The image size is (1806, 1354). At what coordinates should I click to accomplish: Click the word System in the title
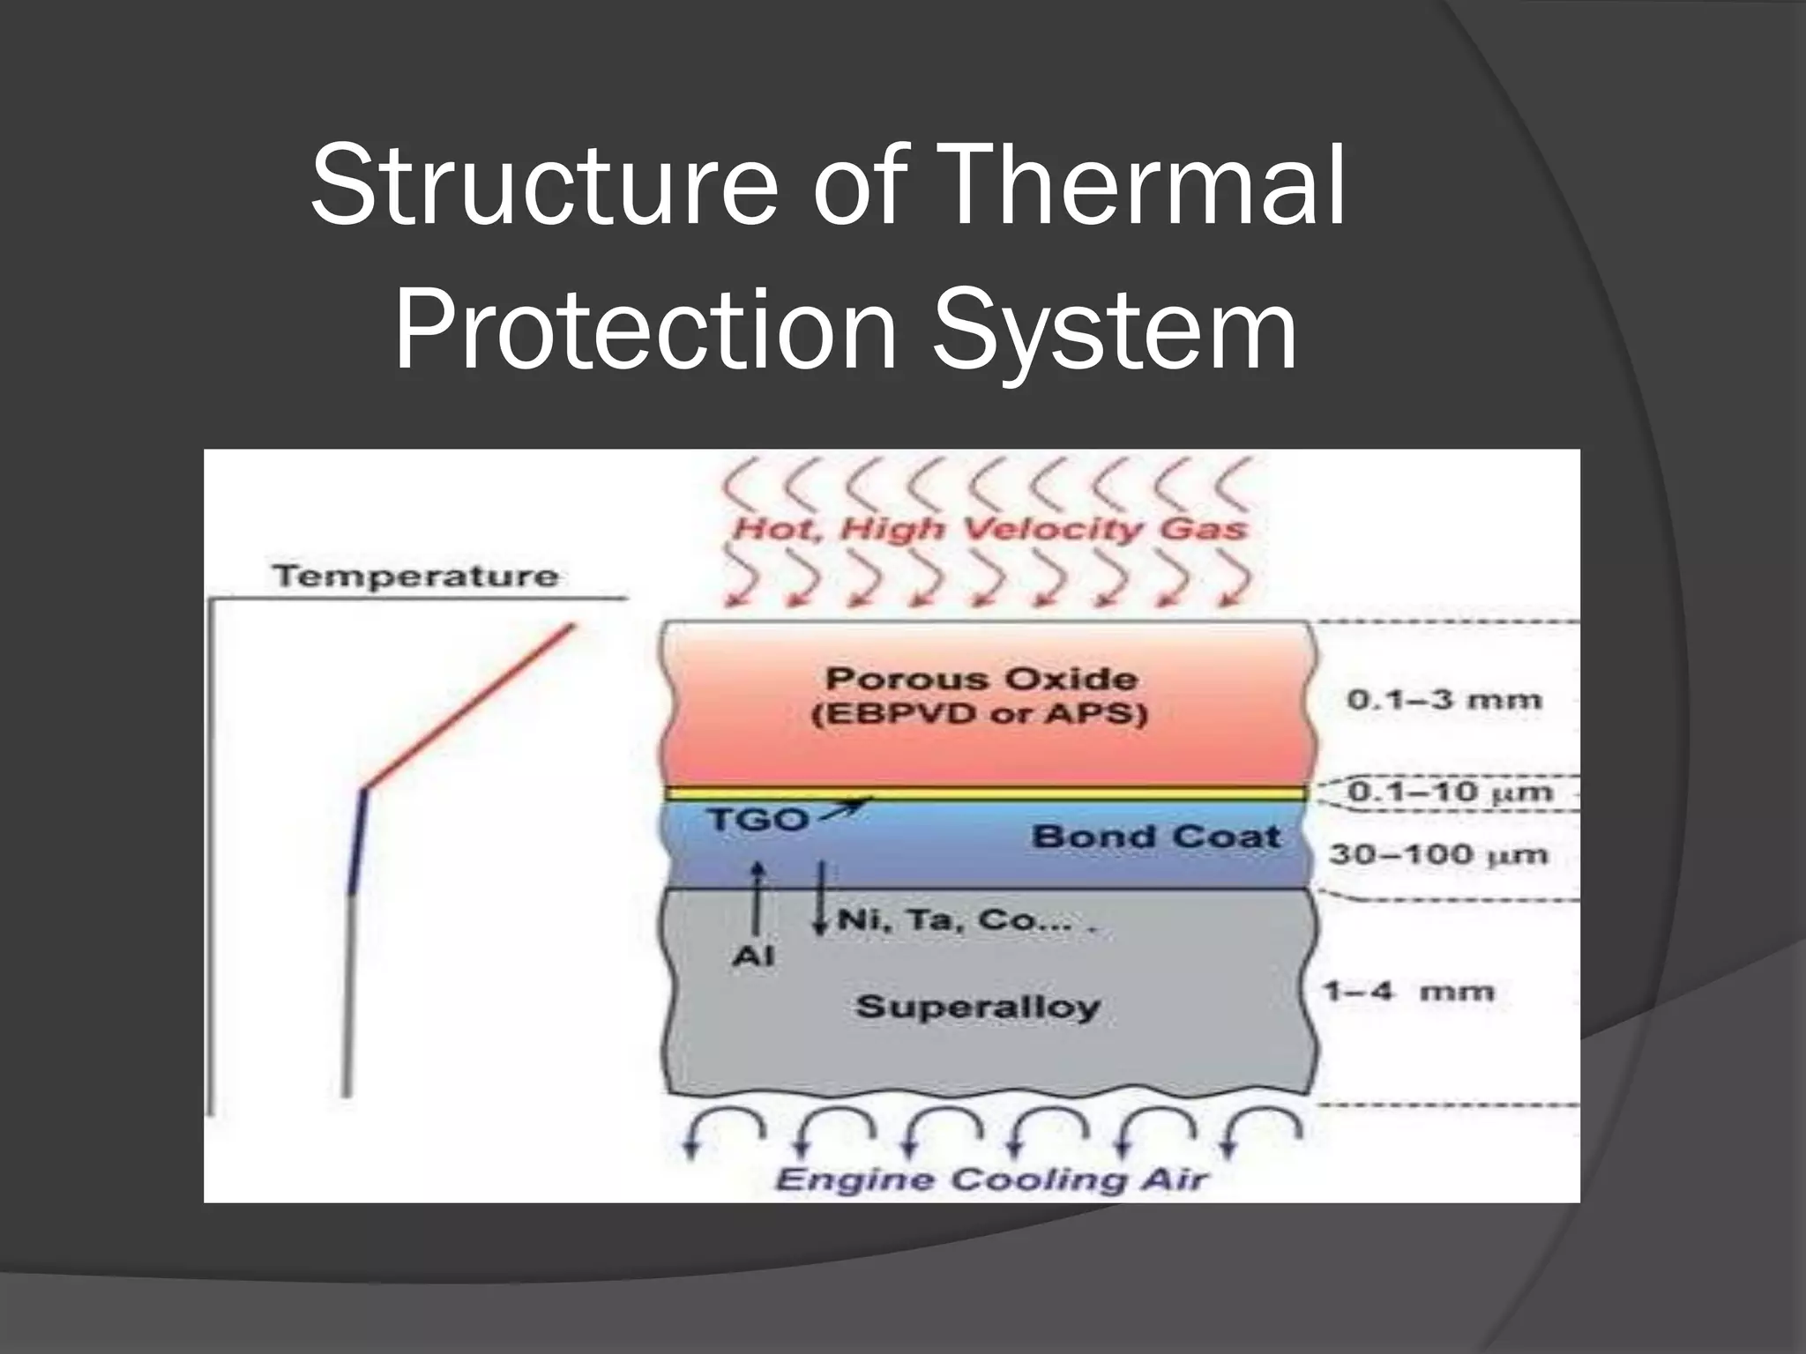point(1115,331)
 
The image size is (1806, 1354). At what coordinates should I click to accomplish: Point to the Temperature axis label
point(415,577)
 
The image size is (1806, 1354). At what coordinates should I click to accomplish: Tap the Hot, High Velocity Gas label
point(989,529)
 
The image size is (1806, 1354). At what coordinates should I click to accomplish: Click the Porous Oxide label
point(981,679)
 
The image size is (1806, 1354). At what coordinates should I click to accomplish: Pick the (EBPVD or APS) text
point(980,713)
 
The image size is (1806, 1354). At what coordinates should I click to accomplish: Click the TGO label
point(757,821)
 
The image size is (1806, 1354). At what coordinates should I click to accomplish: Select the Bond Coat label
point(1155,837)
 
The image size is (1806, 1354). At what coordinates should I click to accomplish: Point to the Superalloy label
point(977,1007)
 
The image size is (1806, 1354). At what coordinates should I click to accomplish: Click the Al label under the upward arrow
point(753,956)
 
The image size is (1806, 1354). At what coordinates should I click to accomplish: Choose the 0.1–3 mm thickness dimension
point(1444,701)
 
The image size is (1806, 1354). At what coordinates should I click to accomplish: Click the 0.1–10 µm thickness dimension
point(1449,792)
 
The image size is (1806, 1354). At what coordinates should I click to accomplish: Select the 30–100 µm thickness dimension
point(1438,854)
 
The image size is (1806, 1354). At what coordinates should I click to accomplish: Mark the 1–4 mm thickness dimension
point(1408,992)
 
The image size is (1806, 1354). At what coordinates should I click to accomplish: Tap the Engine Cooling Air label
point(990,1179)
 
